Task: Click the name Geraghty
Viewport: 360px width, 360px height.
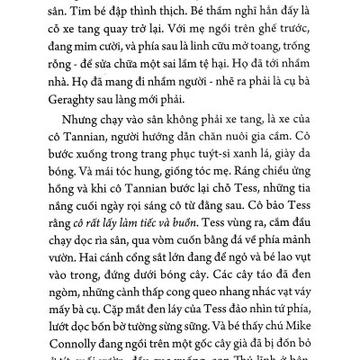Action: (x=80, y=94)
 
